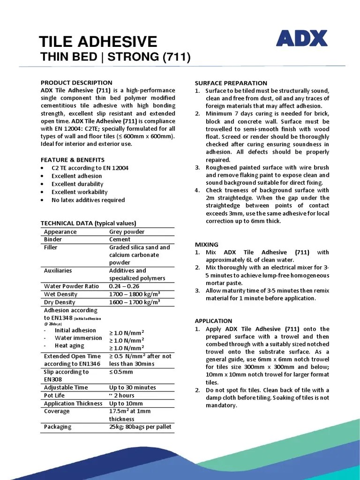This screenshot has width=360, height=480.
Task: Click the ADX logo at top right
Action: (x=301, y=39)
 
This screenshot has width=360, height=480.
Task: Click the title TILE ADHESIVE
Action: (x=98, y=42)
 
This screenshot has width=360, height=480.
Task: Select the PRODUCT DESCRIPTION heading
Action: (x=76, y=82)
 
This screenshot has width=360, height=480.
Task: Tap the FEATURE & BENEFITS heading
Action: (x=73, y=160)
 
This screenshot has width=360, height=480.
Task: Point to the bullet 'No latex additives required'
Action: (x=88, y=200)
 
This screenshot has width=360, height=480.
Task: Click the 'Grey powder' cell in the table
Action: (x=127, y=232)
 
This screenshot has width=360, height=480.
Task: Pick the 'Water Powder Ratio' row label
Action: (x=72, y=286)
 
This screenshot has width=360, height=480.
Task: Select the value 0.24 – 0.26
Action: (x=124, y=286)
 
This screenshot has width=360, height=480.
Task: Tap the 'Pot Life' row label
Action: (x=54, y=396)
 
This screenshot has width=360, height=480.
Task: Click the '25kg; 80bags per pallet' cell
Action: (x=140, y=427)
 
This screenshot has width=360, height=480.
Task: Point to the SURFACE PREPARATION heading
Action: (x=231, y=83)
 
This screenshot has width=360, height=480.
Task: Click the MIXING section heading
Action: (x=207, y=244)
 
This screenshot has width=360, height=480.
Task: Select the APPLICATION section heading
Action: (x=213, y=321)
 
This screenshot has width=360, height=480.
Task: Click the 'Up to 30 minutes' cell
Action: (x=133, y=388)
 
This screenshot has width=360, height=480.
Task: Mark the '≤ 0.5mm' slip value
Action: (x=121, y=372)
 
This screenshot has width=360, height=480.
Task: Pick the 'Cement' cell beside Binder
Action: (x=120, y=240)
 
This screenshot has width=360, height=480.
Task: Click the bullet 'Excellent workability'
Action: (x=80, y=192)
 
